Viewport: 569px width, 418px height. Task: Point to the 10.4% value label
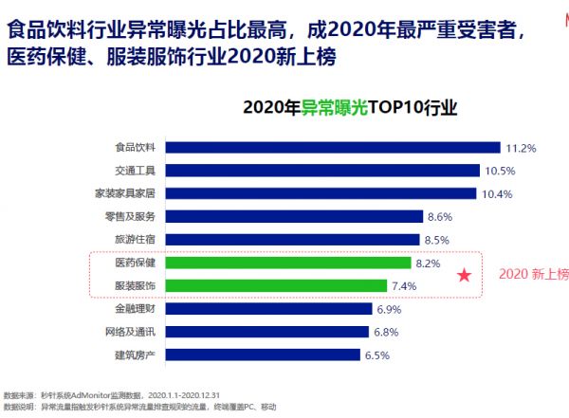point(498,194)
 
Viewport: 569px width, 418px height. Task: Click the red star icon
point(464,275)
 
